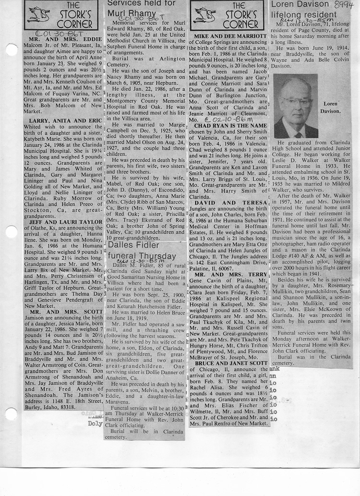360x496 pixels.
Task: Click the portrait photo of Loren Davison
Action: (296, 106)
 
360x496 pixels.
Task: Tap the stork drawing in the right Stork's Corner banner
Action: (205, 15)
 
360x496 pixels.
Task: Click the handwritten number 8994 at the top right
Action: (343, 5)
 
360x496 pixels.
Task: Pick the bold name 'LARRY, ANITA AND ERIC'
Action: (65, 120)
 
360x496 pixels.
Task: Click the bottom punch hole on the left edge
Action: (10, 414)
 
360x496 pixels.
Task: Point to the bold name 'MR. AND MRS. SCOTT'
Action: (65, 311)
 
